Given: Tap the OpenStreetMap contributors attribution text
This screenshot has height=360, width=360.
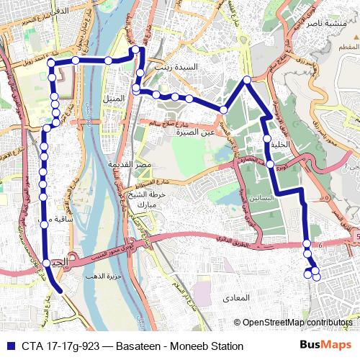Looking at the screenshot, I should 297,323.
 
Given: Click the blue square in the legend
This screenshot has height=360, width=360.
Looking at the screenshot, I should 9,346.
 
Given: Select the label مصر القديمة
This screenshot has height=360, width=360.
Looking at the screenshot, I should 130,166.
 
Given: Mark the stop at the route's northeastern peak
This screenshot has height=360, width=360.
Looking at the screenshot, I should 246,80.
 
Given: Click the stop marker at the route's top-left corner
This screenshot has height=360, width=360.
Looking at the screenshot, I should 51,63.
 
